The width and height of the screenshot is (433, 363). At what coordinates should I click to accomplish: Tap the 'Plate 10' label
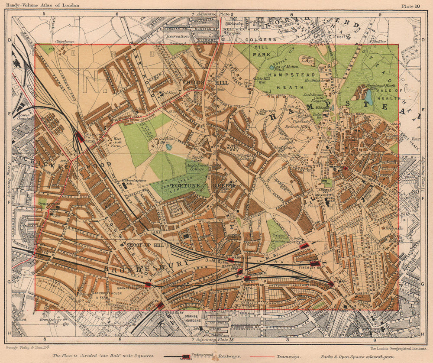[410, 6]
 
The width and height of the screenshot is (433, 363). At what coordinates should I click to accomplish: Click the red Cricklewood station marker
[80, 138]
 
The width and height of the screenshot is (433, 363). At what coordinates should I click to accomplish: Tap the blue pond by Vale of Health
[368, 97]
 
